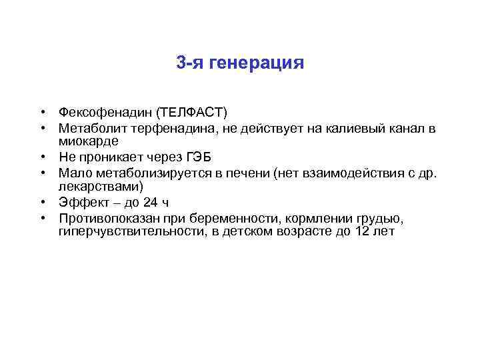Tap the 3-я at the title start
(x=190, y=63)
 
